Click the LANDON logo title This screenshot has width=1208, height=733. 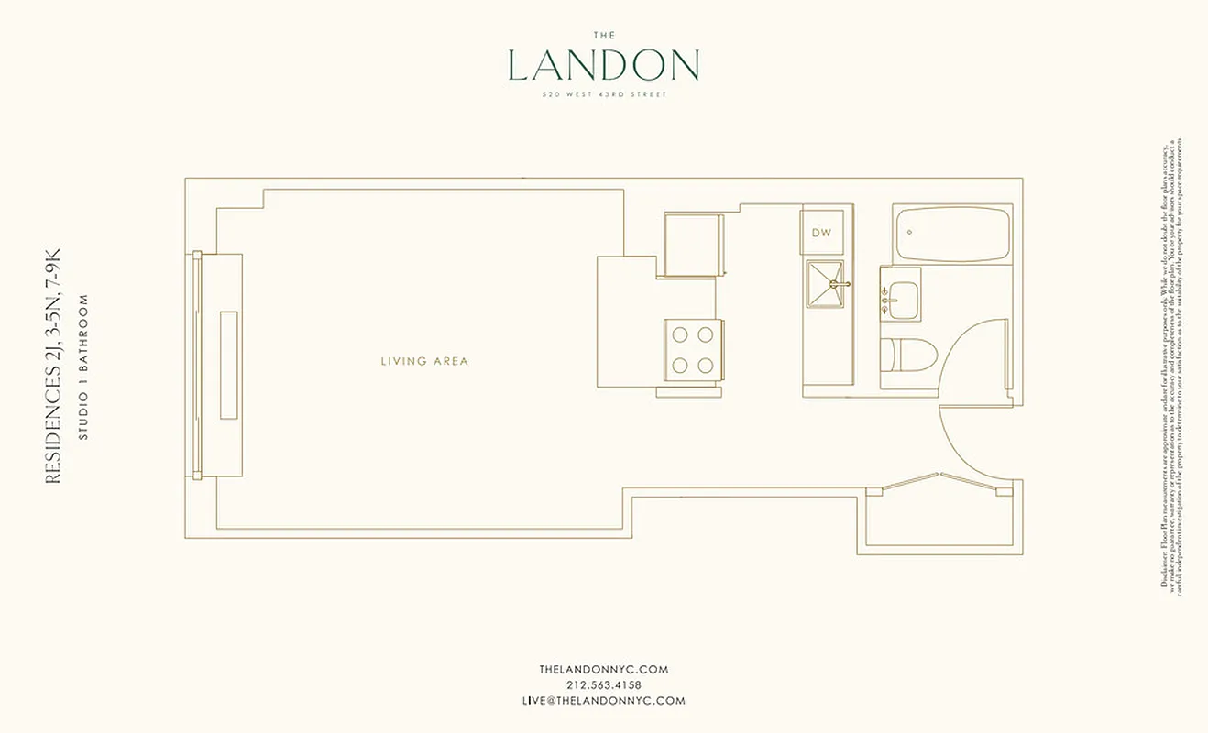[x=603, y=66]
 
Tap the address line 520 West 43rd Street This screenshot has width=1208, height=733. [x=603, y=94]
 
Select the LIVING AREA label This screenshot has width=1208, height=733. [x=424, y=361]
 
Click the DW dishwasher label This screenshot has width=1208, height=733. [x=821, y=233]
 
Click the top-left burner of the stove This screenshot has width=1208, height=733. [x=680, y=334]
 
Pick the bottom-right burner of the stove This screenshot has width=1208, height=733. [x=706, y=366]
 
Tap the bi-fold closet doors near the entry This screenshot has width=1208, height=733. [x=939, y=483]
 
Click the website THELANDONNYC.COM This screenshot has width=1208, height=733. [x=603, y=670]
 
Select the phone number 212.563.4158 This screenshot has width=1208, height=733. [x=603, y=685]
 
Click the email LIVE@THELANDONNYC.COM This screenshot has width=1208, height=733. [x=603, y=701]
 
